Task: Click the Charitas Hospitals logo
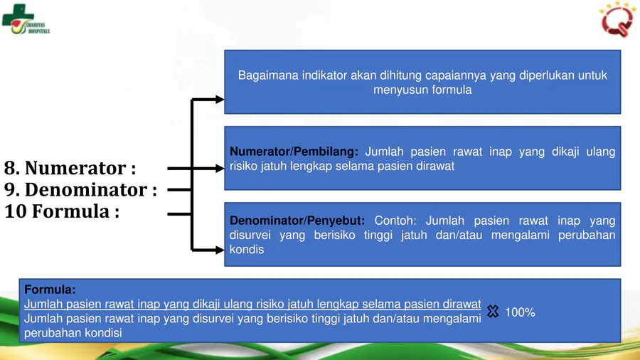click(x=26, y=19)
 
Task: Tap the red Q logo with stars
click(x=617, y=19)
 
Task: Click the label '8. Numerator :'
click(x=70, y=168)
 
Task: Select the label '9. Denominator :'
click(x=80, y=190)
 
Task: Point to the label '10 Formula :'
click(x=62, y=211)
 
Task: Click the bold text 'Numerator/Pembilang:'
click(x=294, y=152)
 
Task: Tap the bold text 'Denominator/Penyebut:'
click(x=297, y=221)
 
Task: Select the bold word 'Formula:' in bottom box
click(x=50, y=290)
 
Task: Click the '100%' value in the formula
click(x=520, y=312)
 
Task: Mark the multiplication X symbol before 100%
click(x=493, y=312)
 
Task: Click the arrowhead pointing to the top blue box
click(x=220, y=99)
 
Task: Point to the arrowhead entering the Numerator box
click(x=220, y=168)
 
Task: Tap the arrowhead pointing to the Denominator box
click(x=220, y=250)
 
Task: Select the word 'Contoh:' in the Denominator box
click(x=395, y=221)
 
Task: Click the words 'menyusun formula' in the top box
click(x=422, y=90)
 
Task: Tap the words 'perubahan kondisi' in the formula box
click(x=73, y=333)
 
